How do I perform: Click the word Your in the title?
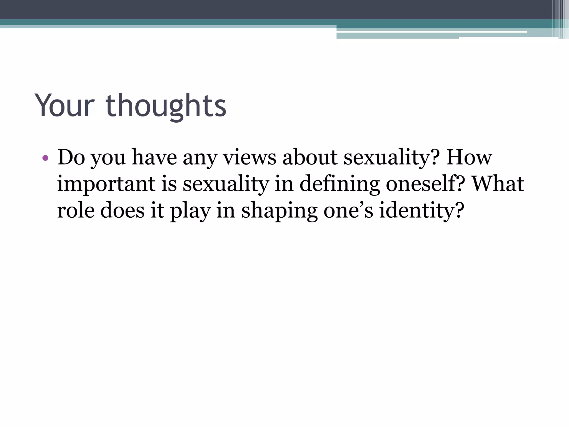(65, 106)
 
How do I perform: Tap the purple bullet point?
(45, 158)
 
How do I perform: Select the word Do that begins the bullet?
(71, 157)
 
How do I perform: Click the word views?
(250, 157)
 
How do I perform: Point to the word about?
(310, 157)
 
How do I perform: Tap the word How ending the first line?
(469, 157)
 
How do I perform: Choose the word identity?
(422, 211)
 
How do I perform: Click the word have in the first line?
(154, 157)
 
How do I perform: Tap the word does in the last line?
(122, 210)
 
